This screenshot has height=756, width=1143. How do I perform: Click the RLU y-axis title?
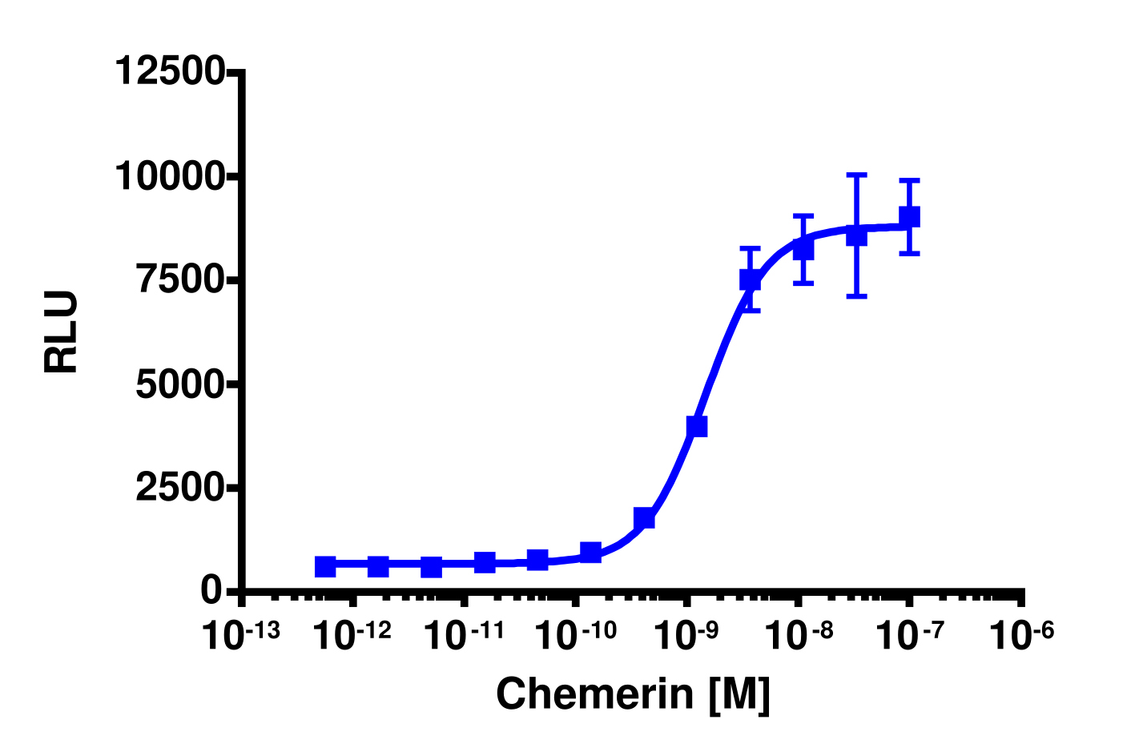(x=62, y=332)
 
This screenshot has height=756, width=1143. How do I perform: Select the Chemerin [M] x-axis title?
(x=633, y=694)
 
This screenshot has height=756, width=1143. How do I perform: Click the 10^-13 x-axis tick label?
(x=240, y=637)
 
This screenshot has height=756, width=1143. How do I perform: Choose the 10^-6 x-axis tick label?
(x=1022, y=637)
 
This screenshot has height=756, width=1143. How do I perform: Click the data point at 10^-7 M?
(x=909, y=216)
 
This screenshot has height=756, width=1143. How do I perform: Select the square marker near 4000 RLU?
(x=697, y=427)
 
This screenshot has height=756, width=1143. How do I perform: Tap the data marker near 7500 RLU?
(x=750, y=279)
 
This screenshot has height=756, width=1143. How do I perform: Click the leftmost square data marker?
(x=325, y=567)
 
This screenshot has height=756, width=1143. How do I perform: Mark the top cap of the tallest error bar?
(x=856, y=174)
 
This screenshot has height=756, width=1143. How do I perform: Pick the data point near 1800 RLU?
(x=644, y=518)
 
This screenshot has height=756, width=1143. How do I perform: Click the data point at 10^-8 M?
(x=803, y=250)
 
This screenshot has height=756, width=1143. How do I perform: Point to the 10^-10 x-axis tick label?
(x=576, y=637)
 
